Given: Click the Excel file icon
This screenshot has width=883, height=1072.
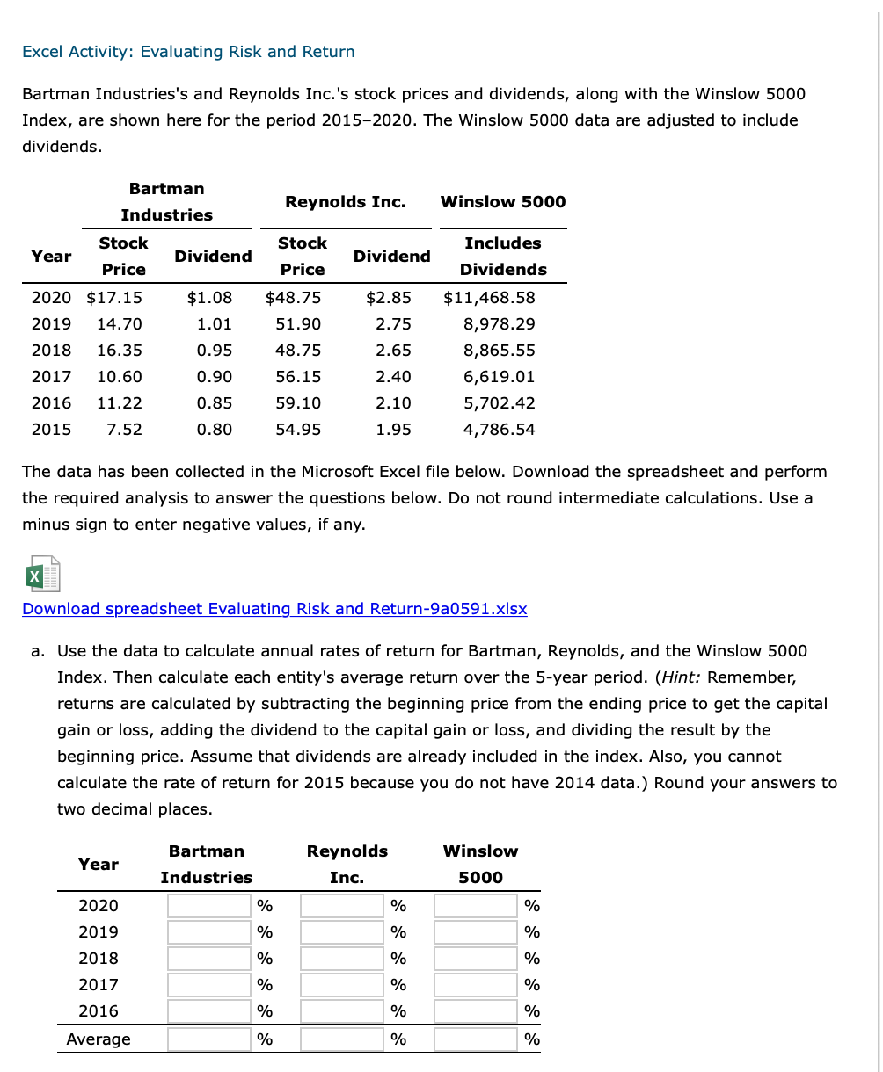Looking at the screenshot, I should (42, 575).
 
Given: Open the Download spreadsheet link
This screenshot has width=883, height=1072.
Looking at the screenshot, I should (274, 609).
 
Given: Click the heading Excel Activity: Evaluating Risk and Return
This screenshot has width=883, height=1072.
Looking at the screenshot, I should (188, 52).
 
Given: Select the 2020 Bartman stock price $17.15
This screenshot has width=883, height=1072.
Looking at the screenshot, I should (114, 297).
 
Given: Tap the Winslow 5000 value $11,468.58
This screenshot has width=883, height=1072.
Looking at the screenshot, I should (489, 297).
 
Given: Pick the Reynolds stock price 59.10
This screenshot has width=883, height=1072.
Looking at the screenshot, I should (298, 402).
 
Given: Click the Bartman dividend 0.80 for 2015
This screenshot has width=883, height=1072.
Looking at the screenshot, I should (215, 429).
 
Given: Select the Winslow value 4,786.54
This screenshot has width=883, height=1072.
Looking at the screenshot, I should (499, 429).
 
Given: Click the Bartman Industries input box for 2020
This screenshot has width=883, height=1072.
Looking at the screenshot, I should (209, 906).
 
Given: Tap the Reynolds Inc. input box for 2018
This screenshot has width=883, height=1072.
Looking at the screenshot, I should (342, 959).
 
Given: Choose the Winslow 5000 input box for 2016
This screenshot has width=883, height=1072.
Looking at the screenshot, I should (476, 1011).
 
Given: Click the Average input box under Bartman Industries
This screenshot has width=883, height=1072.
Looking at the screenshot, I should (209, 1039).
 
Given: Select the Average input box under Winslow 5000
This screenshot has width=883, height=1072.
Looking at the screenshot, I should (476, 1039).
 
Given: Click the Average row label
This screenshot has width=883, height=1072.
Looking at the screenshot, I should (99, 1039).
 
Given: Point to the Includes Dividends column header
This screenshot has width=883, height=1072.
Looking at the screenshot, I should (503, 256).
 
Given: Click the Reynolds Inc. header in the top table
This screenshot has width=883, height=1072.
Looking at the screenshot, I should (346, 201).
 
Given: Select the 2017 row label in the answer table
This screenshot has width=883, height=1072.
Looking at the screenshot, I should (99, 985).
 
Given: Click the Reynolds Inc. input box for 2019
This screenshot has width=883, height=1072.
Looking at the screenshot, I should (342, 932).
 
